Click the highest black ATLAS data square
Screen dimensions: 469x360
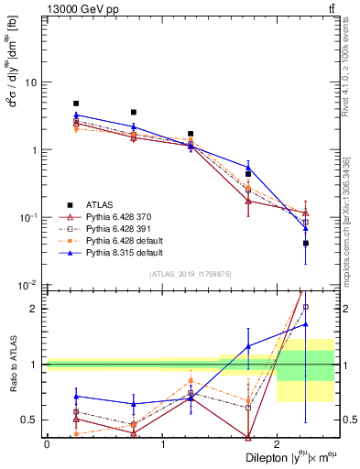(76, 104)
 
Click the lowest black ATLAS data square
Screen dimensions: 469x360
(305, 244)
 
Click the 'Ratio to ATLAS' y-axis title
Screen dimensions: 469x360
(13, 364)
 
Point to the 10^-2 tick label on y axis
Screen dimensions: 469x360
(27, 285)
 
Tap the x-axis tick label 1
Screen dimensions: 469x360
(162, 442)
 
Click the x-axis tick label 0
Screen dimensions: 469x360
(47, 442)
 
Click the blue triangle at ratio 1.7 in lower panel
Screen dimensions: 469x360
(305, 324)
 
